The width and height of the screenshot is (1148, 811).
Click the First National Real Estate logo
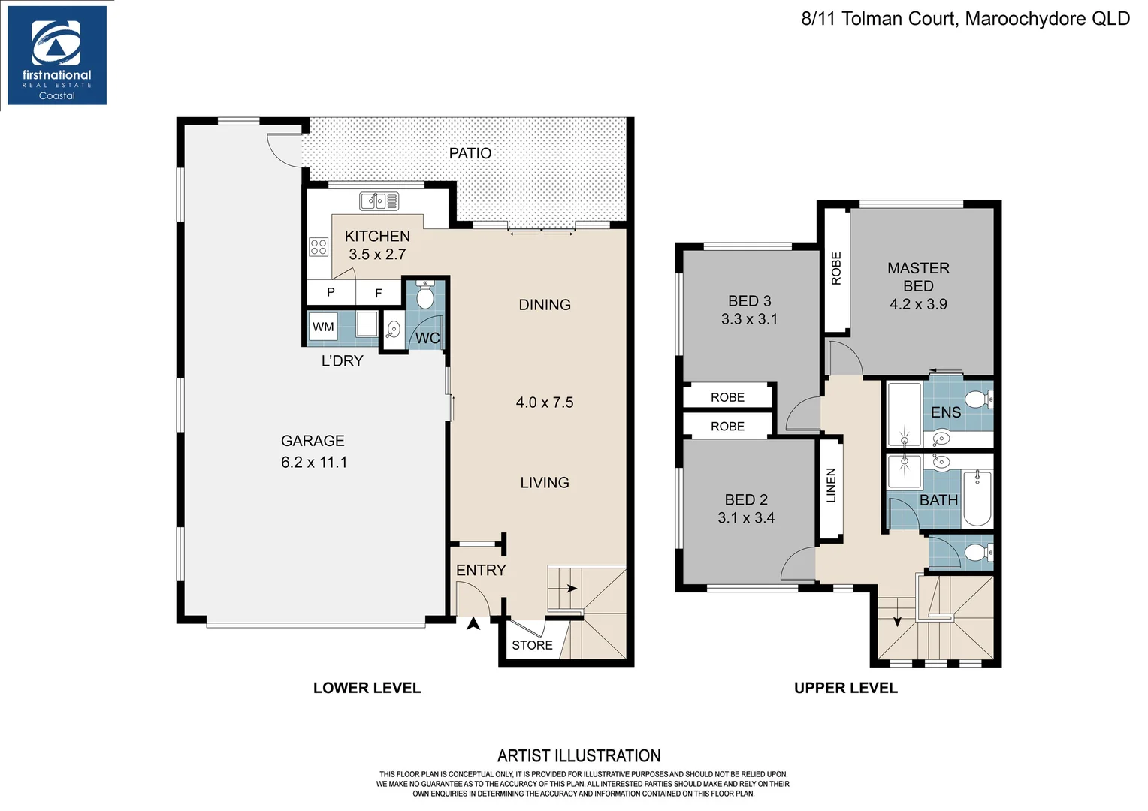pos(56,56)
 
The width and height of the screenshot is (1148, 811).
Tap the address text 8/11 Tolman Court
pos(878,19)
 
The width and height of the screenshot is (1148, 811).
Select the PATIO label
pos(470,153)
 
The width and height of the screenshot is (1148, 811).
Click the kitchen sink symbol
pos(379,201)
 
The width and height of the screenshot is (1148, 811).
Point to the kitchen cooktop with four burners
pos(319,246)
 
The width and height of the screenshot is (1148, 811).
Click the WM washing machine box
pos(323,327)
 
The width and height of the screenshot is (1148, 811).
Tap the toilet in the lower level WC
pos(425,296)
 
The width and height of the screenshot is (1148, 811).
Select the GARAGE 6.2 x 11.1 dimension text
pos(314,462)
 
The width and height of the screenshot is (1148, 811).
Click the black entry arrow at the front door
pos(473,623)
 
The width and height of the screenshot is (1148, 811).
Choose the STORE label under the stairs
pos(532,645)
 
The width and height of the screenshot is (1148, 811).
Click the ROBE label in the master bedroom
pos(836,268)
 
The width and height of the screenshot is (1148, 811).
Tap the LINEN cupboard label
pos(831,485)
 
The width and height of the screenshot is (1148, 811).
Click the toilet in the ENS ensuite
pos(977,399)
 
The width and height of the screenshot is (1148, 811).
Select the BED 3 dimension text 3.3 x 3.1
pos(749,319)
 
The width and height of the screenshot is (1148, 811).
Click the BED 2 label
pos(746,499)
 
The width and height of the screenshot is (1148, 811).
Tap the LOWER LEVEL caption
pos(367,688)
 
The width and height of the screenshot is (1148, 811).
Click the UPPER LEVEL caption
pos(845,688)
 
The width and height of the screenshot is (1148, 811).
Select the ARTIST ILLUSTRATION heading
pos(579,755)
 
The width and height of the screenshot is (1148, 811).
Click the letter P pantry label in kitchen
pos(331,292)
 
